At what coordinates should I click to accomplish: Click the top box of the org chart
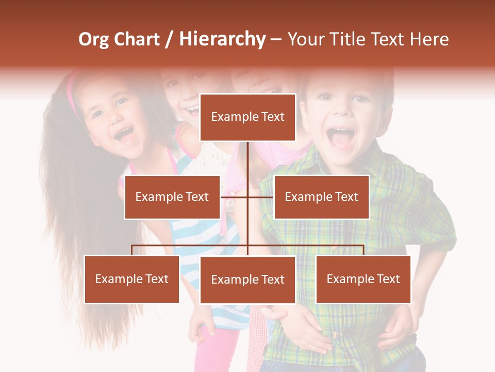[247, 117]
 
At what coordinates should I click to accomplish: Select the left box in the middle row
[172, 197]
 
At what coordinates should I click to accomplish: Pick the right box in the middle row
[321, 197]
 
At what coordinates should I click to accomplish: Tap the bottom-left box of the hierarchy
[132, 280]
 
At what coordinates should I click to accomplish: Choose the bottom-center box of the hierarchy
[247, 280]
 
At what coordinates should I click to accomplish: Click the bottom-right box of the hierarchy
[363, 280]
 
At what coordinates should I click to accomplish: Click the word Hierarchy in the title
[222, 39]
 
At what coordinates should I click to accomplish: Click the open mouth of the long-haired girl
[124, 134]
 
